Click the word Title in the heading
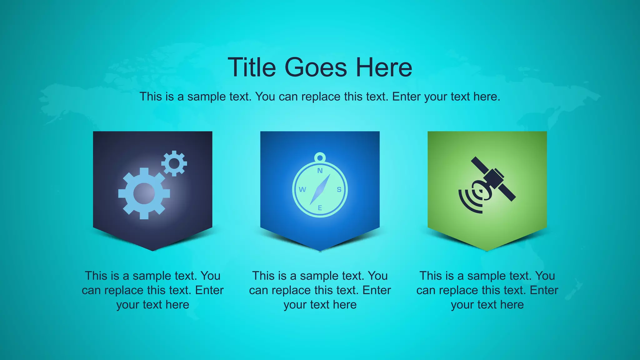pyautogui.click(x=252, y=67)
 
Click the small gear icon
pyautogui.click(x=174, y=163)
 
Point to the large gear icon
pyautogui.click(x=144, y=193)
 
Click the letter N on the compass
pyautogui.click(x=320, y=171)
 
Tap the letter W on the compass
pyautogui.click(x=302, y=189)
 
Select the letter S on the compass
pyautogui.click(x=339, y=189)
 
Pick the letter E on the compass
pyautogui.click(x=320, y=208)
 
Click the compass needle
pyautogui.click(x=320, y=189)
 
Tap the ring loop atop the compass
pyautogui.click(x=320, y=157)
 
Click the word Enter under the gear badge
pyautogui.click(x=209, y=290)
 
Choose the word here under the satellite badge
pyautogui.click(x=512, y=305)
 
